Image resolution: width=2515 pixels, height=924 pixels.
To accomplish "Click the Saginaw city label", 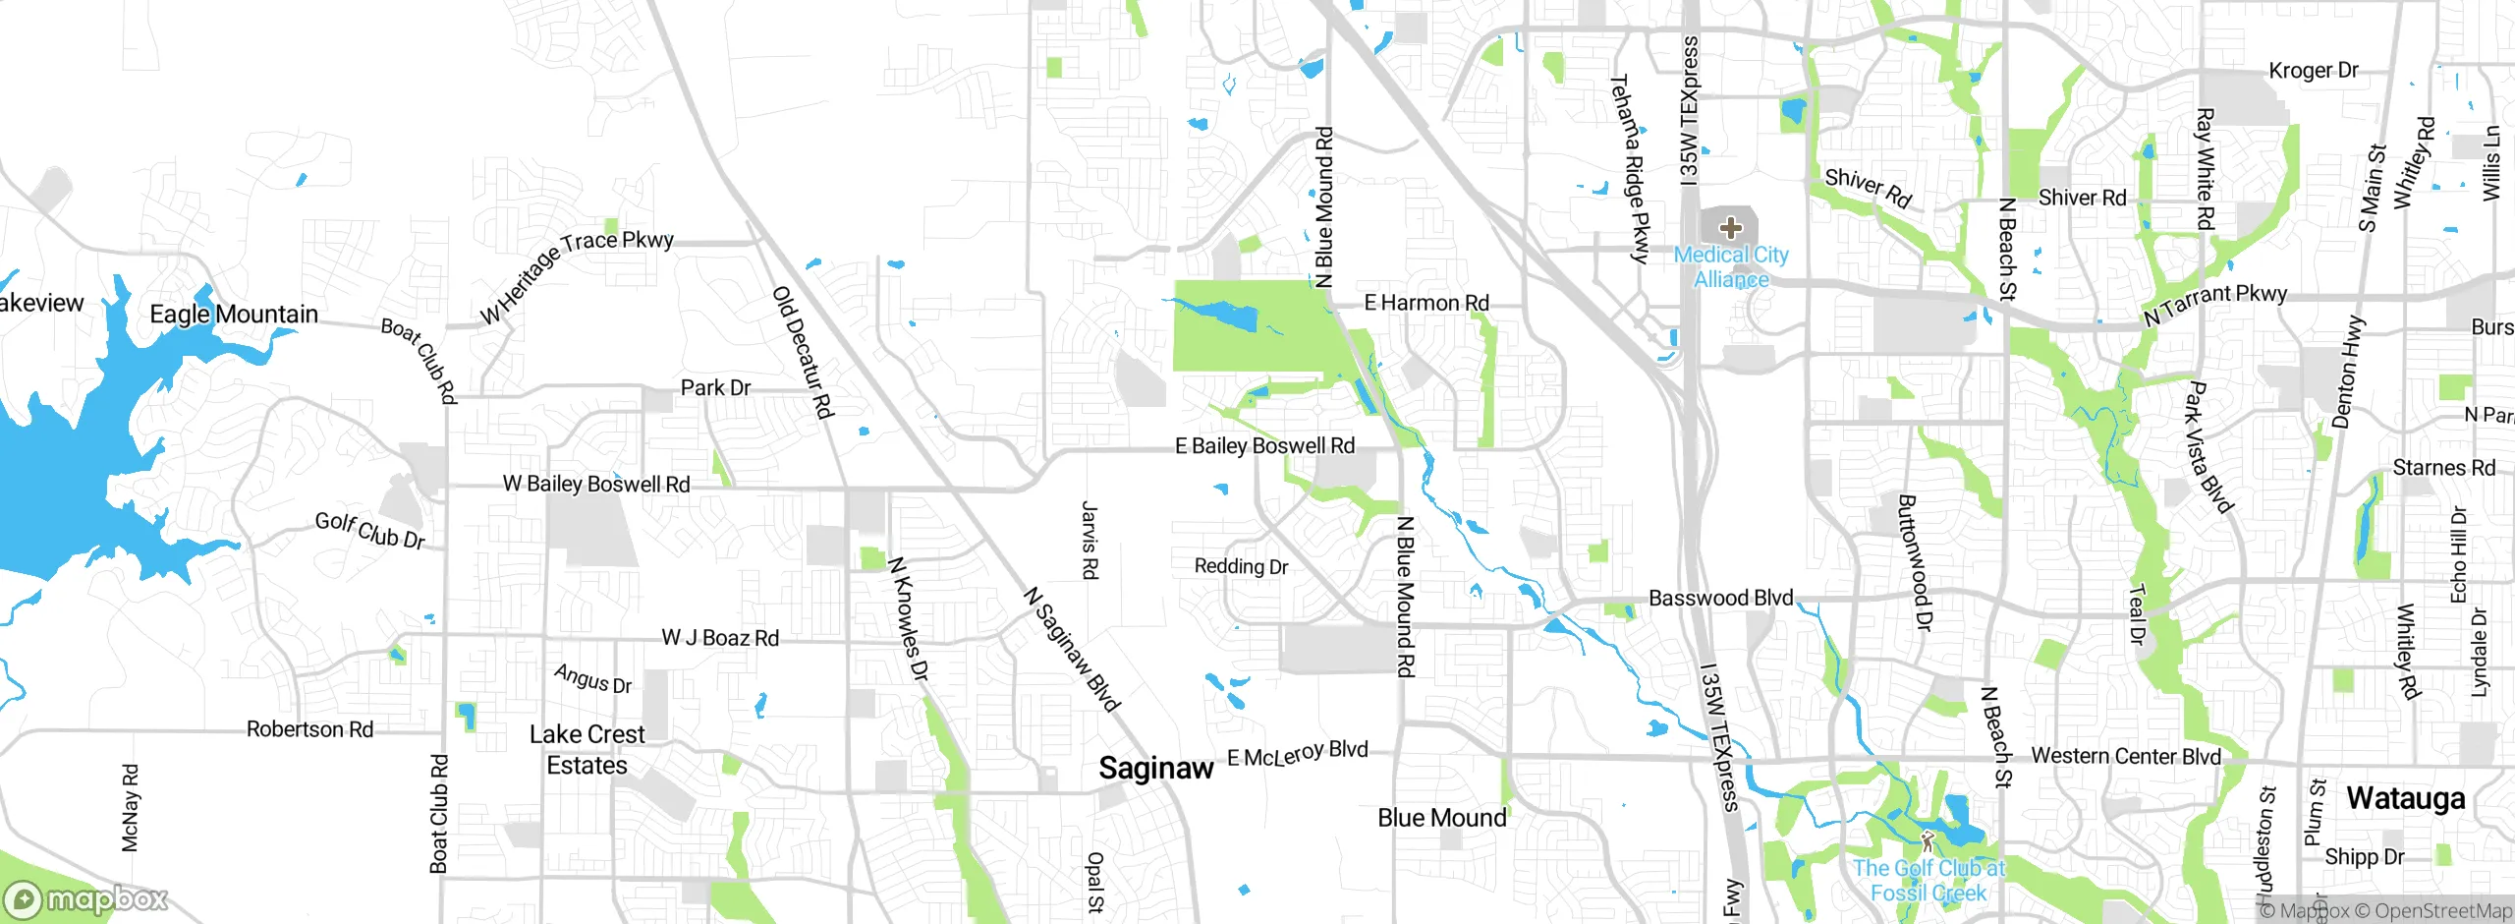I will pos(1155,768).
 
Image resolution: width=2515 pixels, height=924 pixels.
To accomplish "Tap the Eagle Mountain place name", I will pos(234,315).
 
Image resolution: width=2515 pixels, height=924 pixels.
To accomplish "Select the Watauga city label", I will pos(2405,798).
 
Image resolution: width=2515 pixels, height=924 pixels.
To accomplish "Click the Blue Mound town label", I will pos(1441,818).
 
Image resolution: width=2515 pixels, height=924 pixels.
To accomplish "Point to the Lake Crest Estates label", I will pos(587,750).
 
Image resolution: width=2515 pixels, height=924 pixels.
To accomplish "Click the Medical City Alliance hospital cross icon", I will pos(1731,228).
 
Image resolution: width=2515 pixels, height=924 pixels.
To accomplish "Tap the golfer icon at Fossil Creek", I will pos(1927,841).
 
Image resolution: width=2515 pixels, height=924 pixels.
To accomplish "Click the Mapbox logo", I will pos(86,899).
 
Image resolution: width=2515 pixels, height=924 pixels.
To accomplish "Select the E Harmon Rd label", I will pos(1425,303).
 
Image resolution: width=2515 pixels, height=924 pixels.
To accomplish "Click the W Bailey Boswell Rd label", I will pos(596,484).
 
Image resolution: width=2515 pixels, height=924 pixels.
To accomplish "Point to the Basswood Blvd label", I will pos(1720,598).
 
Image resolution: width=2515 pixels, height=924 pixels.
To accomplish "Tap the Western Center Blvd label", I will pos(2125,756).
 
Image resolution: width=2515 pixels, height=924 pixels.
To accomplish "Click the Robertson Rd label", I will pos(309,729).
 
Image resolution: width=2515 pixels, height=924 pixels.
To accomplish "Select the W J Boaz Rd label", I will pos(720,638).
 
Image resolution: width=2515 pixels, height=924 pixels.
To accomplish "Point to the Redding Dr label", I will pos(1241,566).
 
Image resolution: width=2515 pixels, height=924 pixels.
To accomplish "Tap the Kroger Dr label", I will pos(2313,71).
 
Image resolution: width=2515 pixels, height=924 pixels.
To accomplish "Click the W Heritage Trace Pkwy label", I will pos(576,276).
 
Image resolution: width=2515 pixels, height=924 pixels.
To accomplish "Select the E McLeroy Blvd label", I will pos(1297,755).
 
